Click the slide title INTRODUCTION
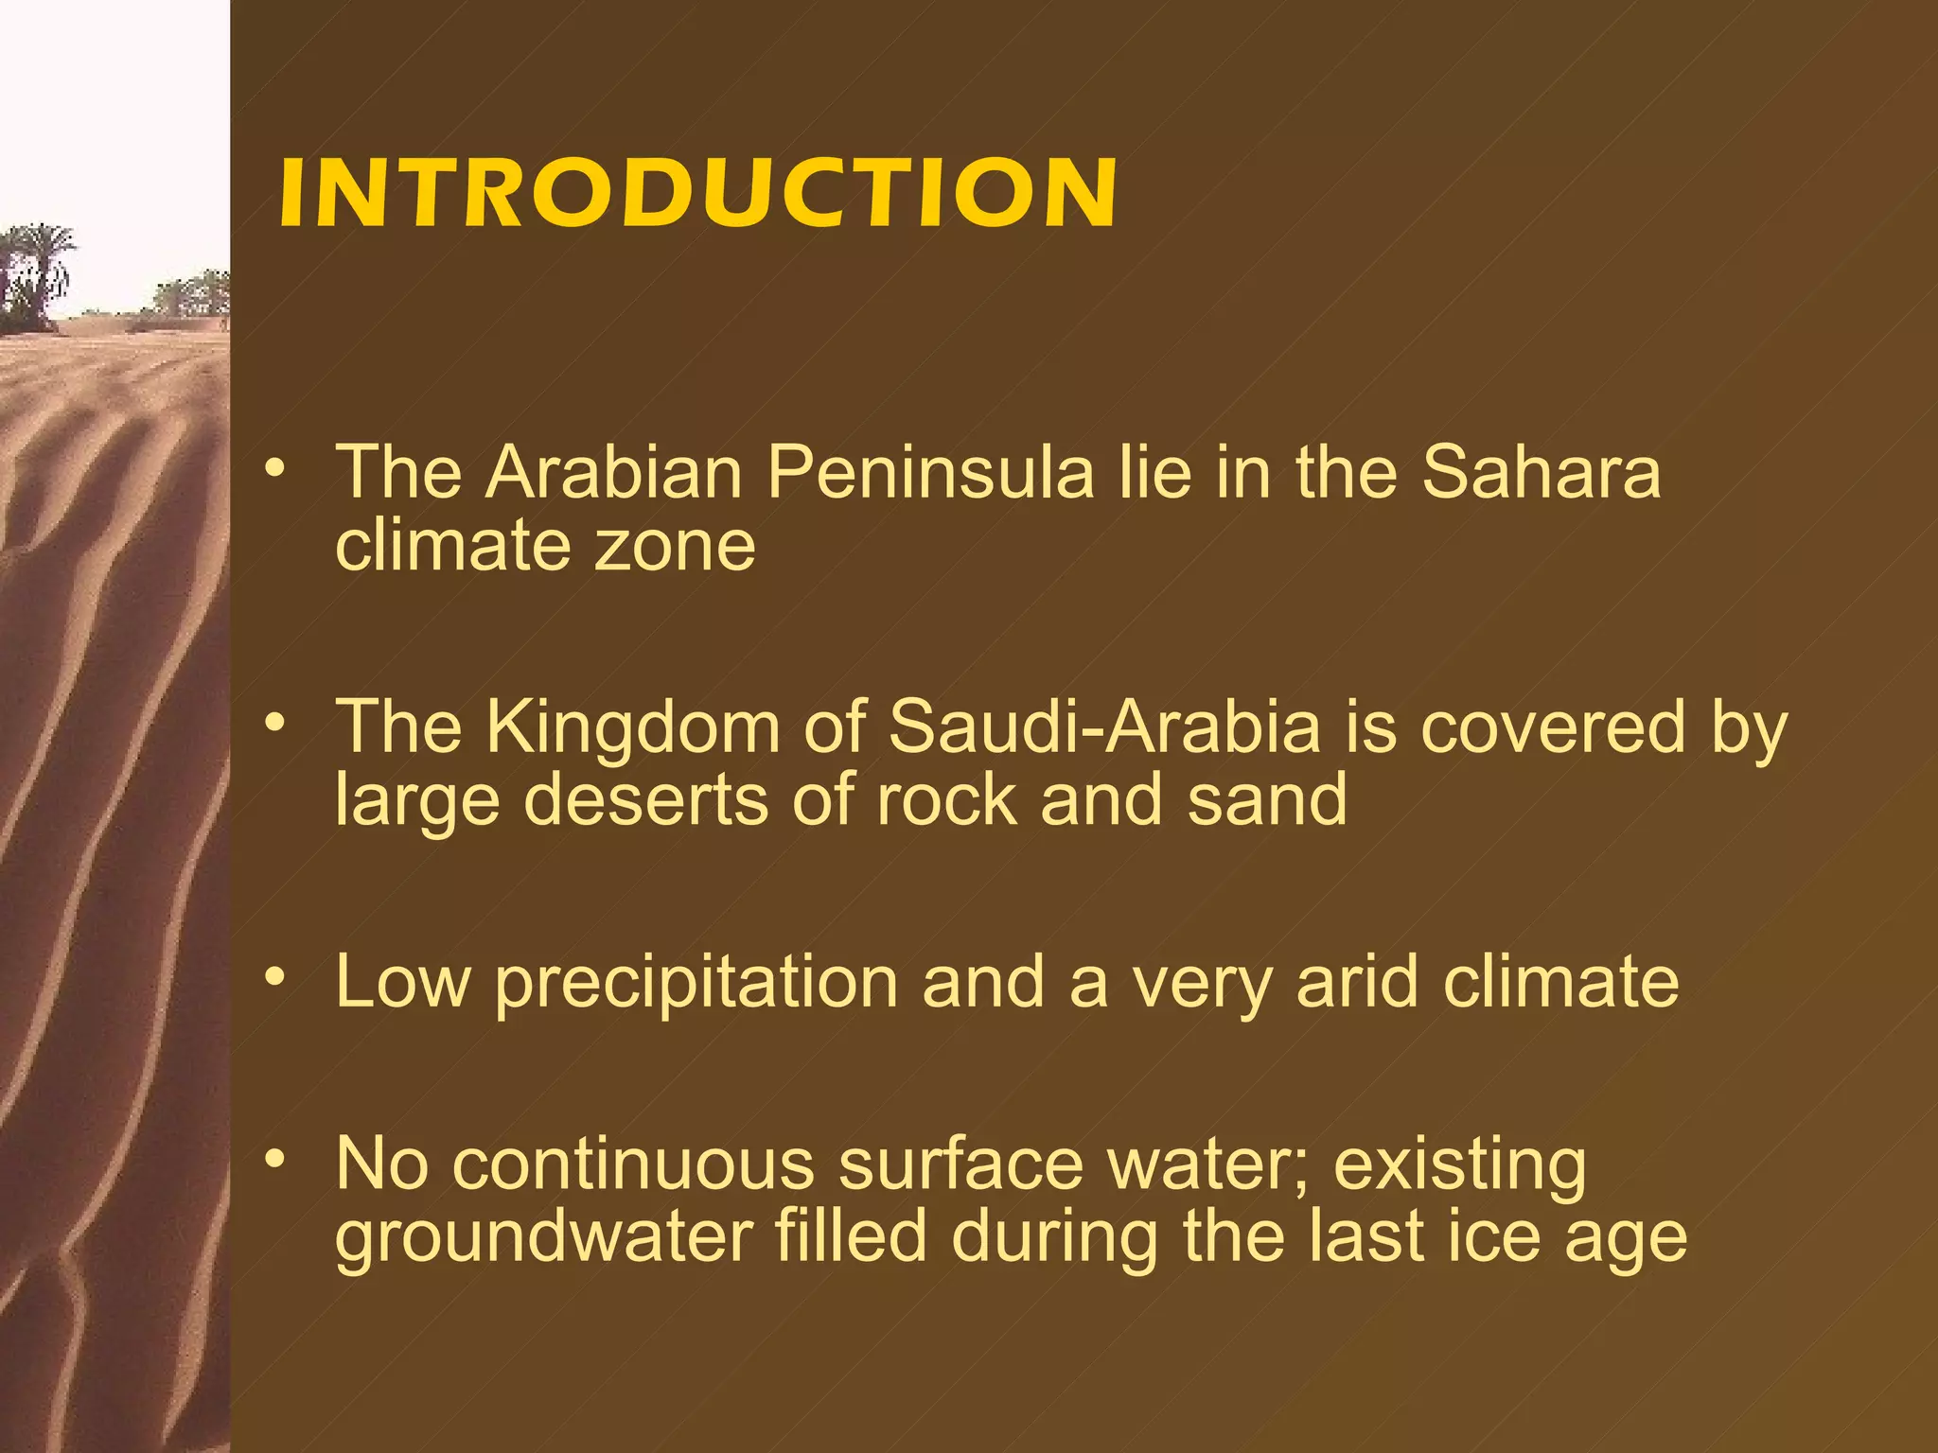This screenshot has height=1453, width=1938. [x=698, y=193]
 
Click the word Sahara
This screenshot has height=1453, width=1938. [x=1542, y=472]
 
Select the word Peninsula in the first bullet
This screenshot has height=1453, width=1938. [x=929, y=472]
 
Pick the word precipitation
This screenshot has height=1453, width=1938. [x=696, y=984]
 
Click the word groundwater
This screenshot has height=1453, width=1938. [x=545, y=1239]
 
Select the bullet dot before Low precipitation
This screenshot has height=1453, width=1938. [x=274, y=975]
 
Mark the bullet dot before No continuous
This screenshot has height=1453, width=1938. [x=274, y=1158]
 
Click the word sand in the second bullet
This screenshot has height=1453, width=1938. [x=1267, y=800]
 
